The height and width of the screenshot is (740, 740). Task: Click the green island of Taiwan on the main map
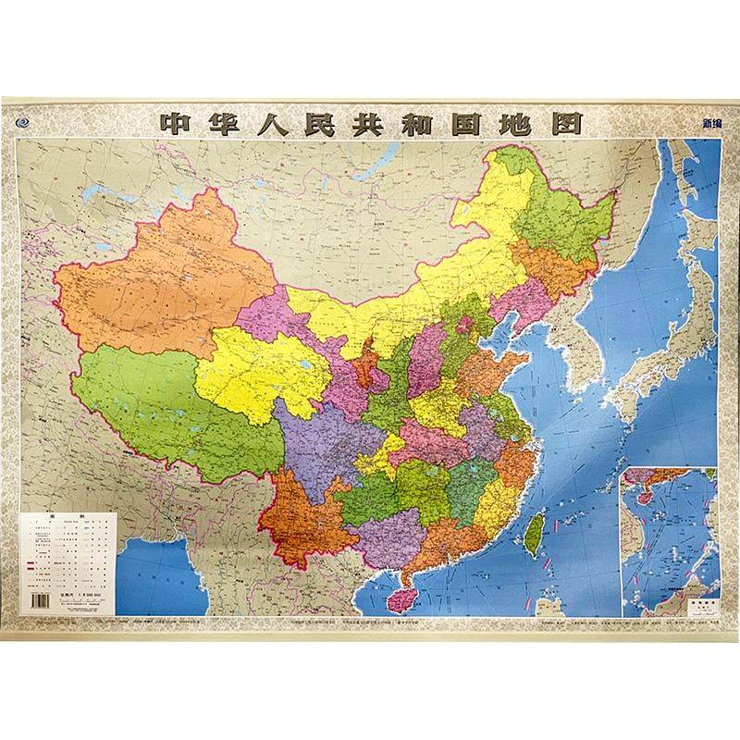(x=534, y=531)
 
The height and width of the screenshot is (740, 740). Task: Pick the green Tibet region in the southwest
(x=157, y=407)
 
